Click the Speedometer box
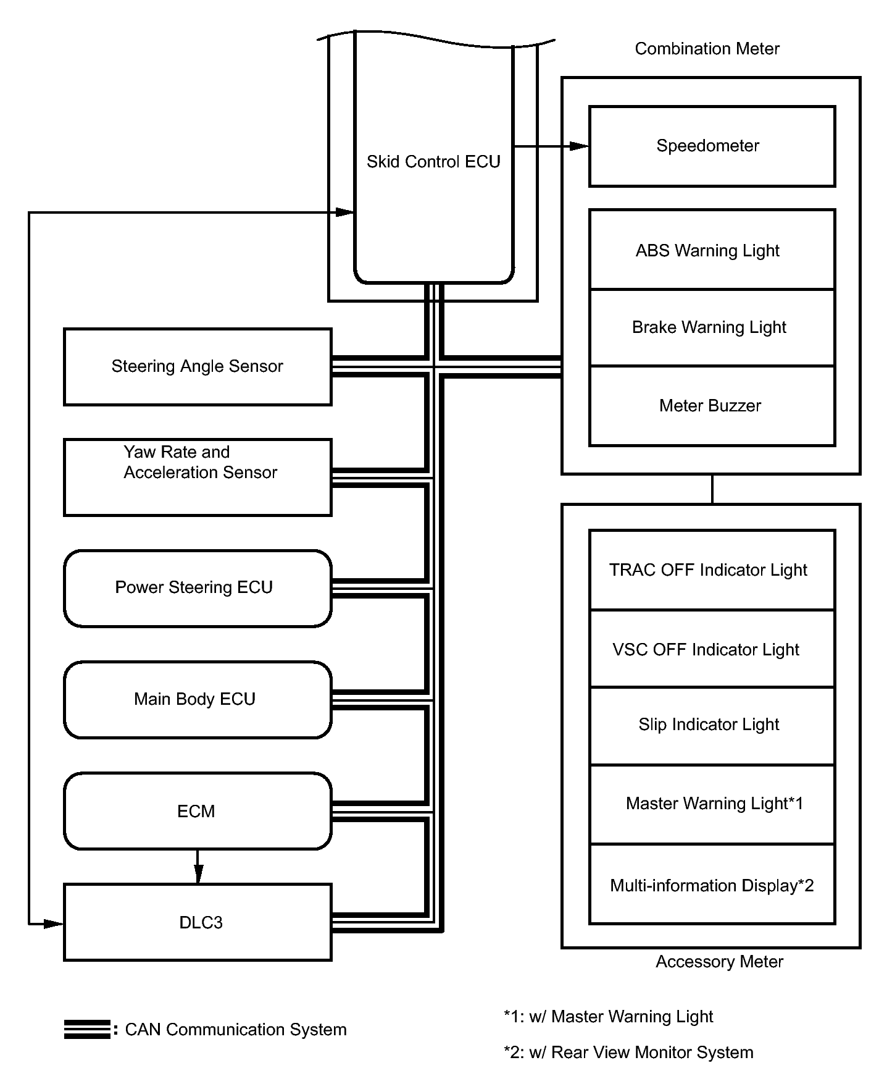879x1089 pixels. tap(712, 146)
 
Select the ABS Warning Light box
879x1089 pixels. tap(712, 249)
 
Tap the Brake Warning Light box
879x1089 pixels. tap(712, 327)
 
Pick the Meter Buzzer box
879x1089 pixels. tap(712, 406)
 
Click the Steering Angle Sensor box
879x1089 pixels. tap(198, 367)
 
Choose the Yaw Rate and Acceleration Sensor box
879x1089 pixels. tap(198, 477)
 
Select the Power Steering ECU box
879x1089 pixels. tap(198, 589)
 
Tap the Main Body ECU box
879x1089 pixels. tap(198, 700)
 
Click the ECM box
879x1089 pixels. tap(198, 811)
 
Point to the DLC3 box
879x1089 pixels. tap(198, 922)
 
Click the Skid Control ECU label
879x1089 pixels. tap(433, 162)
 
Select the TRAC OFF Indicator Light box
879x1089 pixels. tap(712, 570)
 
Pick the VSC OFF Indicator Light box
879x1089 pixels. tap(712, 649)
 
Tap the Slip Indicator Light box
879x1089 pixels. tap(712, 726)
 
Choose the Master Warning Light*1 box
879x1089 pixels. tap(712, 804)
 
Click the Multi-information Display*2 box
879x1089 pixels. tap(712, 885)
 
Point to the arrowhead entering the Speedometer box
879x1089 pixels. tap(579, 146)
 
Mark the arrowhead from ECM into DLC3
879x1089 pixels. tap(198, 874)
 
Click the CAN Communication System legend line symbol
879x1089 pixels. tap(87, 1029)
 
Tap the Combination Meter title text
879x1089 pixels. tap(707, 49)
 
